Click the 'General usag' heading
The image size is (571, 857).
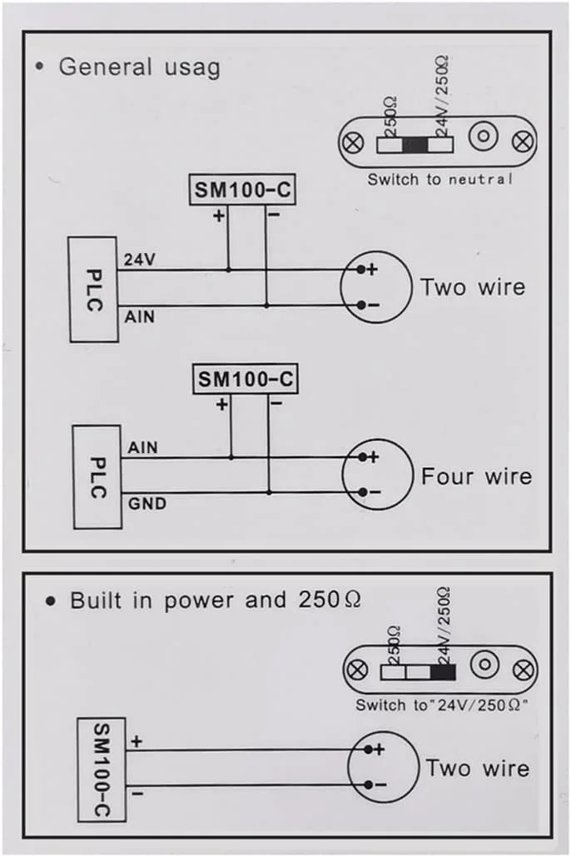point(139,67)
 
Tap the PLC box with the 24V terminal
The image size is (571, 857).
point(92,289)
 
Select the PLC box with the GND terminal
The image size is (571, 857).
point(97,476)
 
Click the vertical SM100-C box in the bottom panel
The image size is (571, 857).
point(101,770)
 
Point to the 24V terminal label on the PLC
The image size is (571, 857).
point(139,260)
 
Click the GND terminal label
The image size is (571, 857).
point(146,503)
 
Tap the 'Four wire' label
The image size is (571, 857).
point(476,477)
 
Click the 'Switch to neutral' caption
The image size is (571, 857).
point(440,179)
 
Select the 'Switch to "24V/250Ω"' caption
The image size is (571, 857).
point(444,705)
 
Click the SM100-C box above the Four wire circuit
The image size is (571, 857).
point(246,380)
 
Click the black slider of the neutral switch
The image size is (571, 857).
point(415,145)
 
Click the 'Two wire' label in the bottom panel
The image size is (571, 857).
point(477,767)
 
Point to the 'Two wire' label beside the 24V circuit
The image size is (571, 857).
point(473,288)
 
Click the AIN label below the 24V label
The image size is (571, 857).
point(139,317)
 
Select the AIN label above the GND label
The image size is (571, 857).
point(142,448)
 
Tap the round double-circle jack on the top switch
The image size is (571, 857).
point(483,137)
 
